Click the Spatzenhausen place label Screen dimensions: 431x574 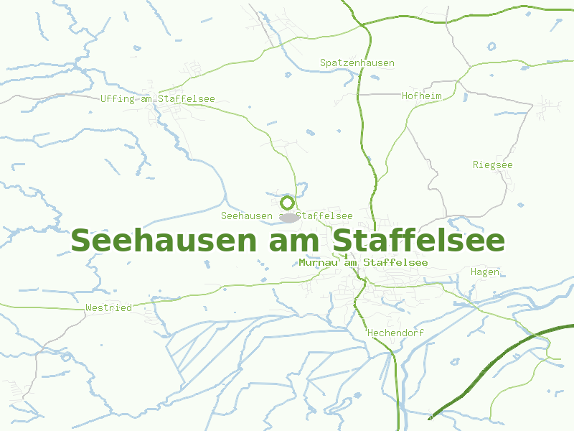(x=357, y=63)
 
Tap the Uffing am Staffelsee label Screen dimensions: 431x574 (x=157, y=99)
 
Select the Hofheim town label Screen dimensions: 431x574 (x=421, y=96)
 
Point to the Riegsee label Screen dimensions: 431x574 (x=492, y=165)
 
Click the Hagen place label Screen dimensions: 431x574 (x=484, y=272)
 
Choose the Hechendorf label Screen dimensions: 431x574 (x=395, y=333)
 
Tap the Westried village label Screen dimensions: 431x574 (x=108, y=307)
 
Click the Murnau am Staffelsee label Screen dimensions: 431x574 (x=363, y=263)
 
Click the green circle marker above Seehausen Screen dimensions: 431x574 (x=288, y=203)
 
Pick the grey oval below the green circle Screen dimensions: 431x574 (x=288, y=217)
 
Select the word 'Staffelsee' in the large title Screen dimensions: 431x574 (x=419, y=240)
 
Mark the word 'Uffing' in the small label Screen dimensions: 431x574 (x=118, y=99)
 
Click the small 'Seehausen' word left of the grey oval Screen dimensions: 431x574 (x=247, y=215)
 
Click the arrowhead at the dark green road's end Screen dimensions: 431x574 (x=430, y=417)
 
